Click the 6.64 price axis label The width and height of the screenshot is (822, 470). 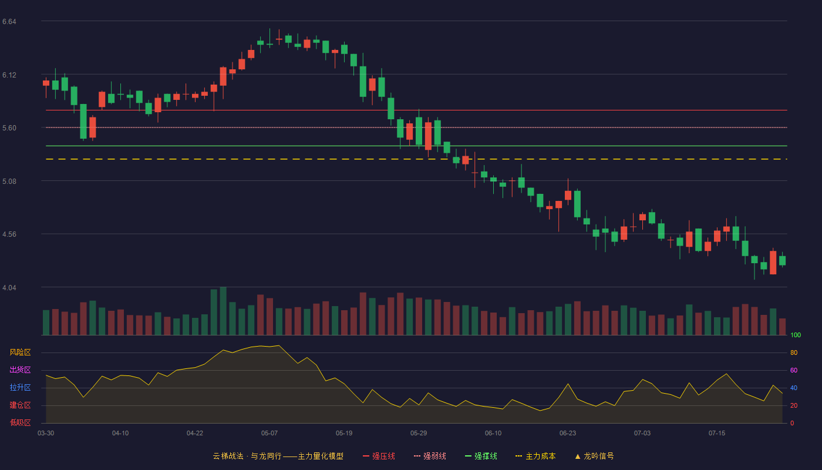pyautogui.click(x=9, y=22)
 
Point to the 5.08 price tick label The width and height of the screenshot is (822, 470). pyautogui.click(x=9, y=182)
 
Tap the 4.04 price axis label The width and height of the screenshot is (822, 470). pyautogui.click(x=9, y=288)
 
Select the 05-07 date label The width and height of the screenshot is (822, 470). pyautogui.click(x=269, y=434)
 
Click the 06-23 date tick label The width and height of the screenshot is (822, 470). pyautogui.click(x=568, y=434)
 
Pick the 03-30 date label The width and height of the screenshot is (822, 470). pyautogui.click(x=46, y=434)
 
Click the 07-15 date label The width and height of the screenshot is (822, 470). pyautogui.click(x=717, y=434)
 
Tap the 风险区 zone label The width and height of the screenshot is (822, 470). pyautogui.click(x=20, y=352)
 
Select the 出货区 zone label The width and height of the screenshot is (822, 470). pyautogui.click(x=20, y=370)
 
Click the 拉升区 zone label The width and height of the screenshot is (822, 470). pyautogui.click(x=20, y=387)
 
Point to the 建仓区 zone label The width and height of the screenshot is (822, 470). pyautogui.click(x=20, y=405)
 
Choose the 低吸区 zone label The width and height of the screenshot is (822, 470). pyautogui.click(x=20, y=422)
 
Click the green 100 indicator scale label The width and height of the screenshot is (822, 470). pyautogui.click(x=796, y=335)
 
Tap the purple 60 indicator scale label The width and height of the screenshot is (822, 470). pyautogui.click(x=794, y=370)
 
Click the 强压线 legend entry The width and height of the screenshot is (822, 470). pyautogui.click(x=379, y=456)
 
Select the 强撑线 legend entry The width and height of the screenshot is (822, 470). pyautogui.click(x=481, y=456)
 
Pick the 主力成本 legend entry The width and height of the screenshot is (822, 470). pyautogui.click(x=535, y=456)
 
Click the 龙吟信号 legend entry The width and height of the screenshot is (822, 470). pyautogui.click(x=594, y=456)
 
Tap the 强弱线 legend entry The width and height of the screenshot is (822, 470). pyautogui.click(x=430, y=456)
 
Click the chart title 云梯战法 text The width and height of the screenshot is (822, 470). pyautogui.click(x=228, y=456)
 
